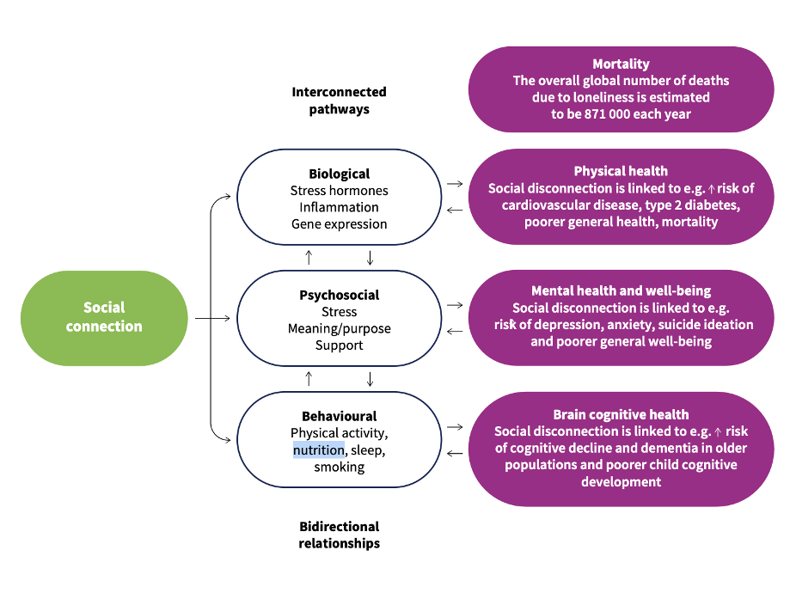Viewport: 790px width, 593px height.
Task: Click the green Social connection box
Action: click(104, 318)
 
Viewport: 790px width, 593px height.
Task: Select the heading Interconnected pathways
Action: click(339, 101)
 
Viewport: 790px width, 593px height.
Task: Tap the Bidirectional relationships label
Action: click(339, 535)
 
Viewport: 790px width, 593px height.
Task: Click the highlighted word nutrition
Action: click(319, 449)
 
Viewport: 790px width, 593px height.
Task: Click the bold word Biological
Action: click(339, 174)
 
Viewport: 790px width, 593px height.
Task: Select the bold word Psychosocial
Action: click(339, 295)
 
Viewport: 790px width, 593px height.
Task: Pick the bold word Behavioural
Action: click(339, 416)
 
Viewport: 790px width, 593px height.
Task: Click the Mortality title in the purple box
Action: click(621, 64)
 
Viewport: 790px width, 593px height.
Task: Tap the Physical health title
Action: click(621, 171)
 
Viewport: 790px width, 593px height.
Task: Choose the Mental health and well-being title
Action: click(621, 290)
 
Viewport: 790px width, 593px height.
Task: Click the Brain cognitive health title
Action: click(621, 414)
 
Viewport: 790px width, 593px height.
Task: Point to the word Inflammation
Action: click(339, 207)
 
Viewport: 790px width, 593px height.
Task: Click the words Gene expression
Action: click(339, 224)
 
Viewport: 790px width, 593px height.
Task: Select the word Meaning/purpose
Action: click(339, 328)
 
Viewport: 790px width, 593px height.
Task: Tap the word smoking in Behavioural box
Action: click(339, 467)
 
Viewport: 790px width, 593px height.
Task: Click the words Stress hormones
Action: click(339, 191)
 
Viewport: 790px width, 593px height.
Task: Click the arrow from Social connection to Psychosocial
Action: click(213, 318)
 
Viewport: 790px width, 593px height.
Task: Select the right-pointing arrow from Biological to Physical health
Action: click(456, 184)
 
